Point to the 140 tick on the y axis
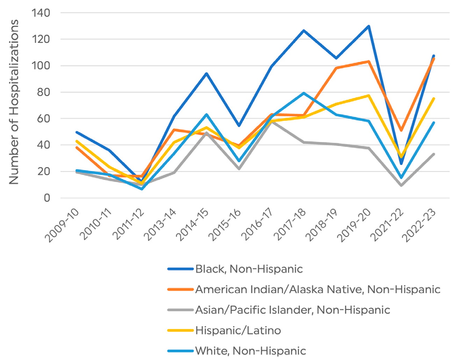[41, 13]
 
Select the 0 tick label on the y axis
[46, 198]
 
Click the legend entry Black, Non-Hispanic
[249, 269]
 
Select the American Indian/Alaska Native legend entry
[317, 289]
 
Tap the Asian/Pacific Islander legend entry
[292, 310]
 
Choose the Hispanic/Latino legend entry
[238, 330]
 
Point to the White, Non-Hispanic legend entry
[250, 351]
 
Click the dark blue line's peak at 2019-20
[369, 26]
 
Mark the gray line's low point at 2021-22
[401, 186]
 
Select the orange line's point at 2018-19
[336, 68]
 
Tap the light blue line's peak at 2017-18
[304, 93]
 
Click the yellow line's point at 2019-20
[369, 95]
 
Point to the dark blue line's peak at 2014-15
[207, 73]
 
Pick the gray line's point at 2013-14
[174, 173]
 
